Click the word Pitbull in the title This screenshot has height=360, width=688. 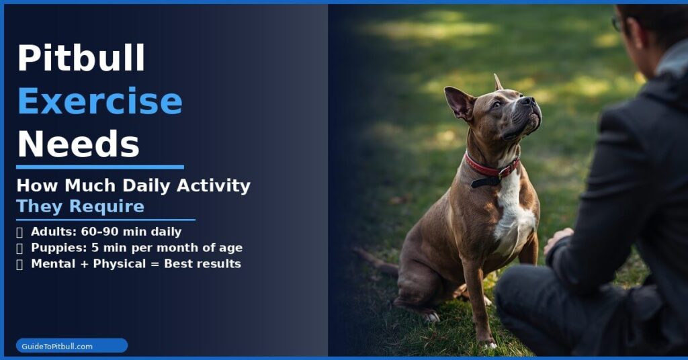pos(81,58)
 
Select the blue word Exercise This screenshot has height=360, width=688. pos(99,101)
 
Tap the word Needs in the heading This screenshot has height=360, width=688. pos(78,144)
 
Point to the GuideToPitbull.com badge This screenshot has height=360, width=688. pos(72,346)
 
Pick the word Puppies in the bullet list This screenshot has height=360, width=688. pos(55,248)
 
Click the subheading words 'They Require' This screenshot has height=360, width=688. pos(80,206)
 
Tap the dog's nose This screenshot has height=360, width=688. pos(529,101)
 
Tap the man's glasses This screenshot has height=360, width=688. pos(617,24)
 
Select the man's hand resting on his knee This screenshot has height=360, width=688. pos(558,239)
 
